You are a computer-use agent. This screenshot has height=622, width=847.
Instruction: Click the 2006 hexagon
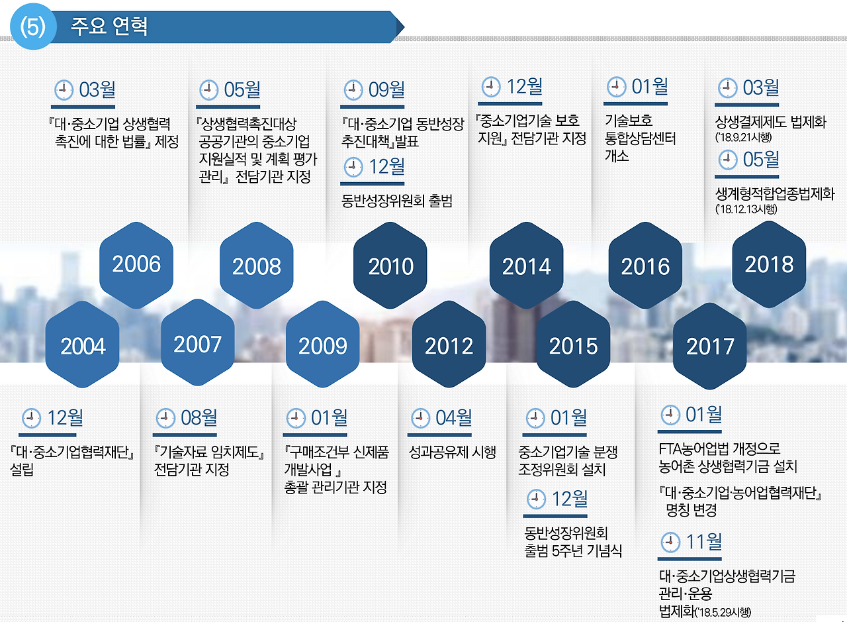(x=136, y=264)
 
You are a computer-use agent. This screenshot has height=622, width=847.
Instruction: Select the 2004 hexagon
(x=83, y=346)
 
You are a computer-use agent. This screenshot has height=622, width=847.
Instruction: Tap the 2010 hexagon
(x=390, y=266)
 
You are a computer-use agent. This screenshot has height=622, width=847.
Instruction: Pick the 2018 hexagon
(x=769, y=264)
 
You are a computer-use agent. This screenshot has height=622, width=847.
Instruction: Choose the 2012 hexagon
(x=449, y=346)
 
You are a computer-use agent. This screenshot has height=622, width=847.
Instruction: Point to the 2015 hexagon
(x=573, y=346)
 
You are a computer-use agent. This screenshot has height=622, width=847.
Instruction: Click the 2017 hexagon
(x=710, y=346)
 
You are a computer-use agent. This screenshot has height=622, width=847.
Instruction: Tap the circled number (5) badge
(x=32, y=27)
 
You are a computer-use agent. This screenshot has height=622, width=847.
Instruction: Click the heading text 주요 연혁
(x=109, y=26)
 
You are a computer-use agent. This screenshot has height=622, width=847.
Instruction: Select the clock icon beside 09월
(x=353, y=89)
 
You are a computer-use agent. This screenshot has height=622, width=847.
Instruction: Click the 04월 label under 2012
(x=453, y=418)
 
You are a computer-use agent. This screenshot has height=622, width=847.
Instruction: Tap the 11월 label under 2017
(x=704, y=542)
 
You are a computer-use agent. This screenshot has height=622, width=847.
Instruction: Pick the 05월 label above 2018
(x=761, y=160)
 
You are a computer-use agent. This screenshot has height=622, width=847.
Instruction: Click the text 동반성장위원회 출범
(x=396, y=201)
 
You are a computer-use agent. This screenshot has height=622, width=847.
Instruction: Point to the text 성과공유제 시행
(x=452, y=452)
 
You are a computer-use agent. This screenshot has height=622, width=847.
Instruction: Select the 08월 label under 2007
(x=199, y=418)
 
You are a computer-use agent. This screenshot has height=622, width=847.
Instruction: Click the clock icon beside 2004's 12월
(x=31, y=418)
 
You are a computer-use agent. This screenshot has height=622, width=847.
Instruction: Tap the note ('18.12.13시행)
(x=746, y=209)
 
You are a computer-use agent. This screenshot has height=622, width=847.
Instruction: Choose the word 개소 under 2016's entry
(x=617, y=156)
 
